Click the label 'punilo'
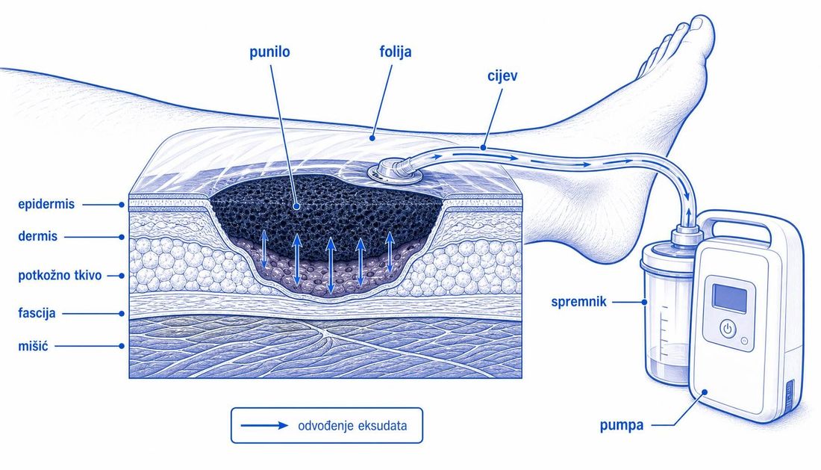point(269,52)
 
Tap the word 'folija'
point(396,52)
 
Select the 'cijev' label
point(502,75)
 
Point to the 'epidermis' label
point(46,204)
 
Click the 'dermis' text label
point(38,236)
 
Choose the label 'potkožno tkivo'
point(60,276)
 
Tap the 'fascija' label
point(37,313)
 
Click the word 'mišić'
point(33,346)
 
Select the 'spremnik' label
point(578,302)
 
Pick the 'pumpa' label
point(622,425)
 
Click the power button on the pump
point(727,329)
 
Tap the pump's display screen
point(729,298)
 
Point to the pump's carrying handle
point(740,228)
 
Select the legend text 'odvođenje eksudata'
point(352,425)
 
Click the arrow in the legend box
point(264,425)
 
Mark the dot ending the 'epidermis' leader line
point(122,205)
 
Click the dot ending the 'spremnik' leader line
point(645,302)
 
